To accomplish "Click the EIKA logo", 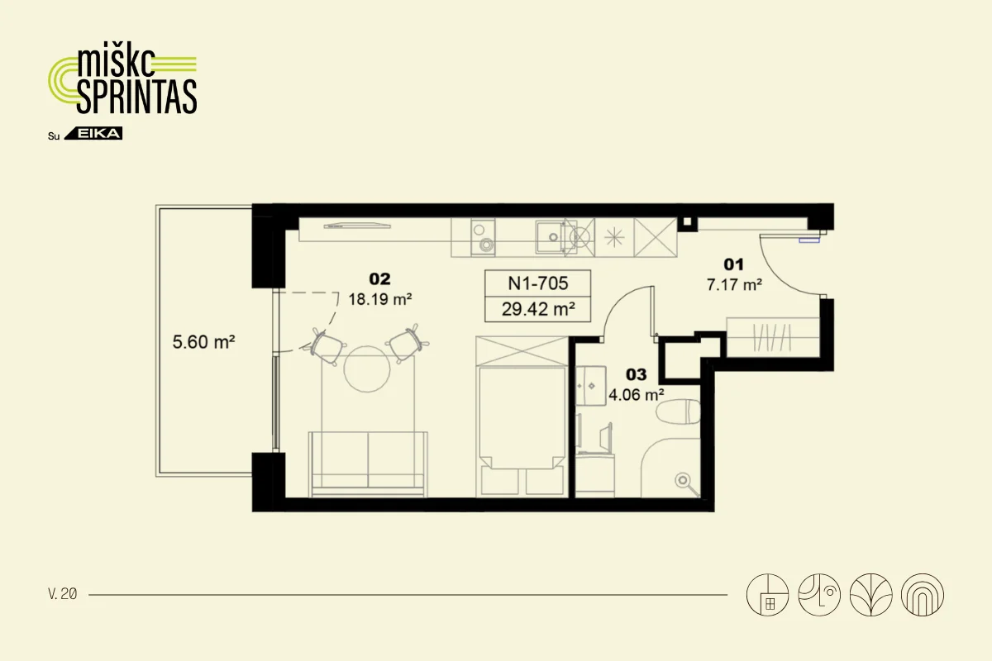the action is click(93, 133).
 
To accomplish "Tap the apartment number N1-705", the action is click(537, 283).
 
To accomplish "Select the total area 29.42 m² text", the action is click(538, 308).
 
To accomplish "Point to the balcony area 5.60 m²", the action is click(203, 342).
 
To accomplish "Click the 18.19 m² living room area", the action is click(380, 299).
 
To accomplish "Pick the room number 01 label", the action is click(733, 264).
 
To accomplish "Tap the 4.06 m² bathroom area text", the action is click(636, 394).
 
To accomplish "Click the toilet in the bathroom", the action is click(678, 411).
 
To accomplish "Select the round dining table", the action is click(367, 369).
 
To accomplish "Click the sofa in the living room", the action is click(368, 464).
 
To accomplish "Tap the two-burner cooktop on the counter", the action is click(483, 237).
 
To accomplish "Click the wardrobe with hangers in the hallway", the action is click(772, 337).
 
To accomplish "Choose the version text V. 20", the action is click(63, 594).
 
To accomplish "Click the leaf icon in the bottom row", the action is click(870, 595).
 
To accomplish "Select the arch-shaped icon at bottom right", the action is click(923, 595).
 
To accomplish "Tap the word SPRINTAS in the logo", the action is click(137, 97).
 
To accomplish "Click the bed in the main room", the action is click(522, 416).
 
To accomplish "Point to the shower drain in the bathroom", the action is click(683, 480).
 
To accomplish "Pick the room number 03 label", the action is click(636, 374).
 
